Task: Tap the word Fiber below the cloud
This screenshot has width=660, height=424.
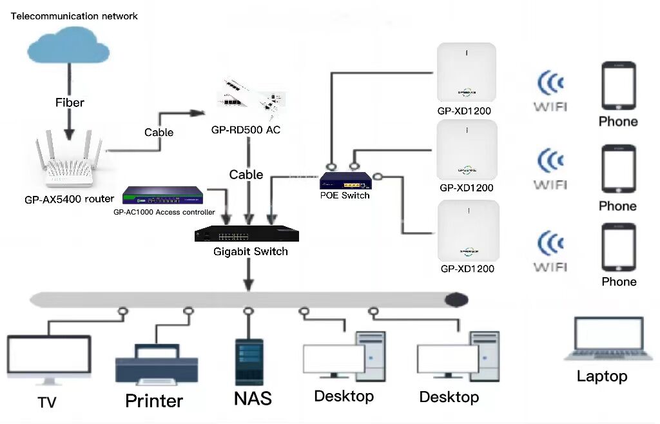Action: tap(69, 102)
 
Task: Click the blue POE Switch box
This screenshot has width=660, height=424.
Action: tap(347, 181)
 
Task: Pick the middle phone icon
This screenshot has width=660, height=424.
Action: tap(618, 169)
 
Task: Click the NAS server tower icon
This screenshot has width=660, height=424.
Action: tap(248, 362)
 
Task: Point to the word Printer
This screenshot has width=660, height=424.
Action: tap(154, 401)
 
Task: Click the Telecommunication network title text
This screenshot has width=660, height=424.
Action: tap(75, 16)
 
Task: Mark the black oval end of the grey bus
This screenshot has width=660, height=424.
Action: tap(456, 299)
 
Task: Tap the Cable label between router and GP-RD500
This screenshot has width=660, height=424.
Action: tap(159, 132)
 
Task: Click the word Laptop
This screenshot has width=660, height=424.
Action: tap(602, 376)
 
